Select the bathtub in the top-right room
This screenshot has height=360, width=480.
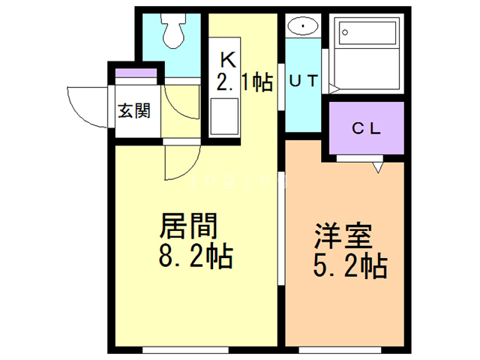coord(367,48)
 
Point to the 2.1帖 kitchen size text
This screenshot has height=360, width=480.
coord(244,82)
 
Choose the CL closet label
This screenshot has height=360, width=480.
coord(367,127)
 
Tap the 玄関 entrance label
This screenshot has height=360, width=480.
coord(134,111)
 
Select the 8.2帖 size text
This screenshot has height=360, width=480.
coord(196,259)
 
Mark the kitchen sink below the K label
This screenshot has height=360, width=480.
coord(224,116)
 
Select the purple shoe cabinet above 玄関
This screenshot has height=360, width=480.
coord(136,73)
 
